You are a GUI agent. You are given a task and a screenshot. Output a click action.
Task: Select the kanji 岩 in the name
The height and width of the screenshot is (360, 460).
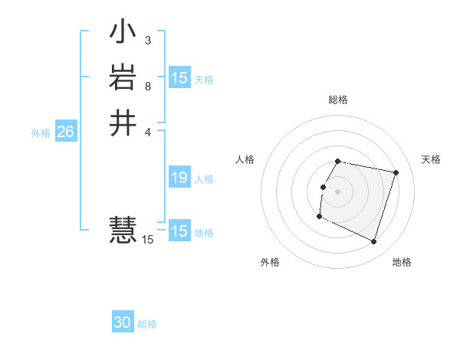tap(123, 77)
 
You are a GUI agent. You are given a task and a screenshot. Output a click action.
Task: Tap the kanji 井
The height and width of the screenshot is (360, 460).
tap(123, 123)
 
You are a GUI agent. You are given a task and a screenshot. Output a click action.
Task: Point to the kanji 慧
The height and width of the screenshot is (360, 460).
tap(123, 228)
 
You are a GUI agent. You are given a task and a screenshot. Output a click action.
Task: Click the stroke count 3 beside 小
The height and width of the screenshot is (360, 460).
tap(147, 40)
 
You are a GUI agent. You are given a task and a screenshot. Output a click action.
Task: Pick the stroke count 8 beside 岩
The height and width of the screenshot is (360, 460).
tap(147, 86)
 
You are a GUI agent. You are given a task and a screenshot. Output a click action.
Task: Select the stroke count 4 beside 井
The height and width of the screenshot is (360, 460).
tap(147, 131)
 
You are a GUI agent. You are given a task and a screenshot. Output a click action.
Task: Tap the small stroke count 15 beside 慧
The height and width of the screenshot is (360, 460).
tap(147, 240)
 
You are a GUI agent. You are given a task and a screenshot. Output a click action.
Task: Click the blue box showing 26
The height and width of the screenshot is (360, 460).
tap(65, 133)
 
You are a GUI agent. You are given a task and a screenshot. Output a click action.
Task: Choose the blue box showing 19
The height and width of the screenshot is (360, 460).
tap(179, 178)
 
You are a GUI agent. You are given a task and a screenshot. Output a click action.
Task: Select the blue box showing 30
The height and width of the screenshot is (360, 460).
tap(123, 323)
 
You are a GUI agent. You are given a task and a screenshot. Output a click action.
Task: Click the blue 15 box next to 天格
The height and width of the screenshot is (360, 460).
tap(179, 78)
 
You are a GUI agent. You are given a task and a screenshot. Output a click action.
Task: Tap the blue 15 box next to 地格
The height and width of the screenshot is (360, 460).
tap(179, 231)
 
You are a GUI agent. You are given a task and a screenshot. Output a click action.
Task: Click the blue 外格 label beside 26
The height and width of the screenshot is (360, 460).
tap(41, 133)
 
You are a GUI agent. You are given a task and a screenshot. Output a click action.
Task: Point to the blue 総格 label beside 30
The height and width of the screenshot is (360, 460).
tap(147, 324)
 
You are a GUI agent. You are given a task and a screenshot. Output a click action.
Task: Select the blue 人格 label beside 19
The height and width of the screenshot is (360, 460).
tap(204, 179)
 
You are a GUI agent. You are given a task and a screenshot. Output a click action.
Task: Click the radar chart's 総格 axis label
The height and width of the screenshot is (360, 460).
tap(338, 100)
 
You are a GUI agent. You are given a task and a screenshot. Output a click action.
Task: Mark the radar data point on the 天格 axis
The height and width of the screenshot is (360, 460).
tap(396, 172)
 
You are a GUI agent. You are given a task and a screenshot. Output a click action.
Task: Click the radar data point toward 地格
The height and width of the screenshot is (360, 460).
tap(373, 242)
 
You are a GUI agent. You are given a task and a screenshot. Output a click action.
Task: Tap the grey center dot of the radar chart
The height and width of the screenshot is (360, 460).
tap(338, 191)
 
